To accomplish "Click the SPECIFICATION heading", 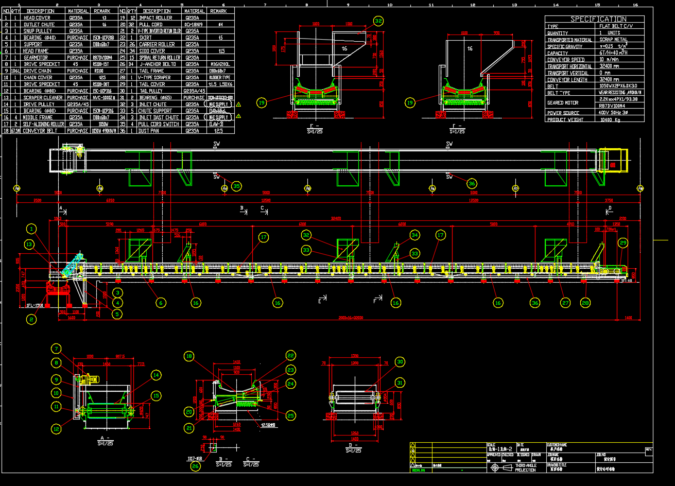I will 594,19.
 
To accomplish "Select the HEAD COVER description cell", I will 38,18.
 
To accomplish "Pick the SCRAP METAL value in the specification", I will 613,39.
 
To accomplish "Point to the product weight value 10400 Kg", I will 610,119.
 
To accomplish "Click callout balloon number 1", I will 32,229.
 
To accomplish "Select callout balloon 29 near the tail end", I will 623,242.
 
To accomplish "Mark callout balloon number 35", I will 236,186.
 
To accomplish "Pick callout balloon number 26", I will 195,466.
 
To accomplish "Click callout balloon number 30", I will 400,362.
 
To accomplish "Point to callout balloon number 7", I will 55,349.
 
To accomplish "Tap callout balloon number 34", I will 415,235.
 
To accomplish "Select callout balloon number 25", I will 290,415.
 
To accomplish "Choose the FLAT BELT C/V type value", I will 618,26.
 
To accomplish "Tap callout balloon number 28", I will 585,303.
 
